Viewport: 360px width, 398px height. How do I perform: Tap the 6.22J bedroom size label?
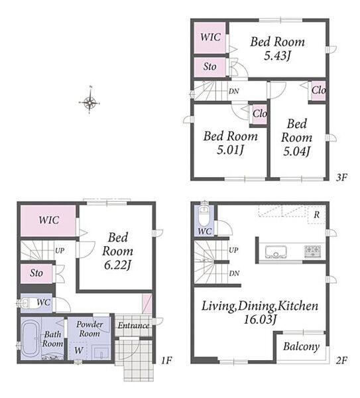click(117, 265)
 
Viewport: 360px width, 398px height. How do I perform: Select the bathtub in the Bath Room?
click(31, 338)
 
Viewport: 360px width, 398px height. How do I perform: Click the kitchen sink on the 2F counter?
click(276, 252)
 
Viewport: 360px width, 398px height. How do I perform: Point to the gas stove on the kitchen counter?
click(313, 251)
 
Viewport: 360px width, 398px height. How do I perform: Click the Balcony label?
click(301, 346)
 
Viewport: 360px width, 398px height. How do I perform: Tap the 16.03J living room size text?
click(259, 319)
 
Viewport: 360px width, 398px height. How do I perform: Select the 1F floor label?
click(166, 360)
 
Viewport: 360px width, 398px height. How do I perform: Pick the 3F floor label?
click(341, 177)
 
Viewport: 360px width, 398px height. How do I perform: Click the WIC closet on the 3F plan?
click(210, 38)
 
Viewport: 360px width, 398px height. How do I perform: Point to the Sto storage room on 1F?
click(36, 273)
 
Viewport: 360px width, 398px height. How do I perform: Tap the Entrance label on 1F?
click(133, 326)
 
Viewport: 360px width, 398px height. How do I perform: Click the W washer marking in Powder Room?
click(79, 350)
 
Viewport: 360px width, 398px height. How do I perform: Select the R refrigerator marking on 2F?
click(316, 215)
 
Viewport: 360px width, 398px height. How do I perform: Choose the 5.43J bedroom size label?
click(277, 56)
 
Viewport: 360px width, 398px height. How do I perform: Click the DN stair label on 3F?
click(233, 91)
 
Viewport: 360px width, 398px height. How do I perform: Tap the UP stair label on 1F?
click(60, 251)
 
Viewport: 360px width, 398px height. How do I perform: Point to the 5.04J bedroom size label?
click(296, 151)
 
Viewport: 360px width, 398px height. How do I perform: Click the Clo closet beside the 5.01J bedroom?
click(259, 113)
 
